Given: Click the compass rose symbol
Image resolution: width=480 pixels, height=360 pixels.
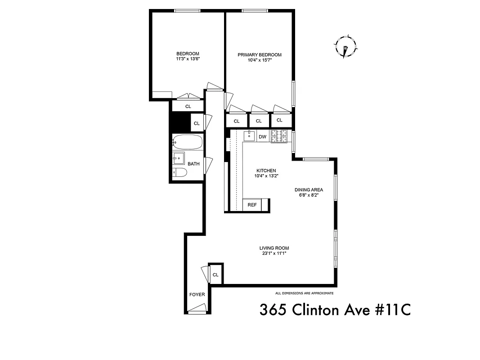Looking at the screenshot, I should click(x=345, y=46).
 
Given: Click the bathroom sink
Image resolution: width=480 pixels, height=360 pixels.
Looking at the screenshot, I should click(x=179, y=158).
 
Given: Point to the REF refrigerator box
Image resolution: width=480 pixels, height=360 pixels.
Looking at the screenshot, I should click(x=252, y=205).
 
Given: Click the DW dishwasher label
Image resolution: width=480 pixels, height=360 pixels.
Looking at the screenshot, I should click(x=263, y=136).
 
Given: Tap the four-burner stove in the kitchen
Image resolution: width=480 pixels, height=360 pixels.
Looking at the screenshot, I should click(x=279, y=136).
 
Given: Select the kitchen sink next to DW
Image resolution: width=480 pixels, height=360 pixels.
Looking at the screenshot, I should click(x=249, y=136).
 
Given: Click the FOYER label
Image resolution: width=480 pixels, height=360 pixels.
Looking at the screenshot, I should click(x=197, y=295).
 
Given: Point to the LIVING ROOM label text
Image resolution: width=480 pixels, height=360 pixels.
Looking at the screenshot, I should click(x=274, y=248).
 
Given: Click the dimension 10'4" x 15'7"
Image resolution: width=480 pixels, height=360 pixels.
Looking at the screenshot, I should click(x=260, y=60).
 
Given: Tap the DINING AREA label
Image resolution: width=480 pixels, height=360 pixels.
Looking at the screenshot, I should click(x=309, y=190).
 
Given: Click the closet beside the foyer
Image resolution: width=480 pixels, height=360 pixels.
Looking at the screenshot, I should click(x=215, y=274).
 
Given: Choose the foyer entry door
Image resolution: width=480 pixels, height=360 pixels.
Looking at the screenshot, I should click(x=197, y=309).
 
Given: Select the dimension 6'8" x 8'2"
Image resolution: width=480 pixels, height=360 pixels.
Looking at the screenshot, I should click(x=309, y=195).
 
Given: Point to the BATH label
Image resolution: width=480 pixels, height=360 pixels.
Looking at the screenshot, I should click(x=193, y=164).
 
